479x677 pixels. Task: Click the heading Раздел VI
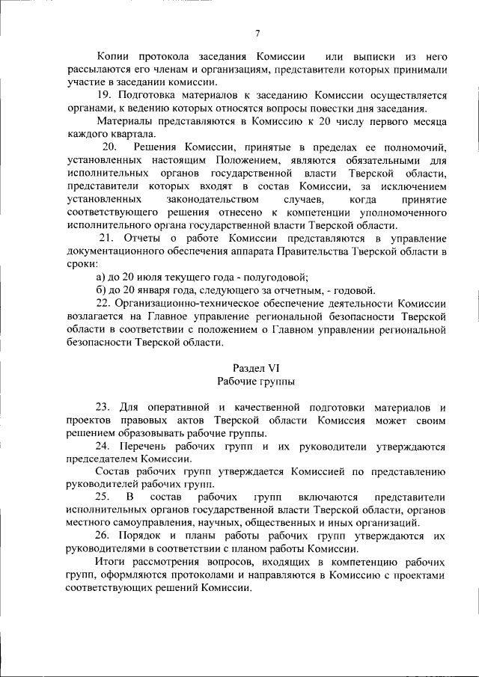coord(256,367)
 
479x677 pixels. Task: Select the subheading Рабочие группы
coord(256,381)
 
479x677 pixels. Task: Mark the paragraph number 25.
coord(103,497)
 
